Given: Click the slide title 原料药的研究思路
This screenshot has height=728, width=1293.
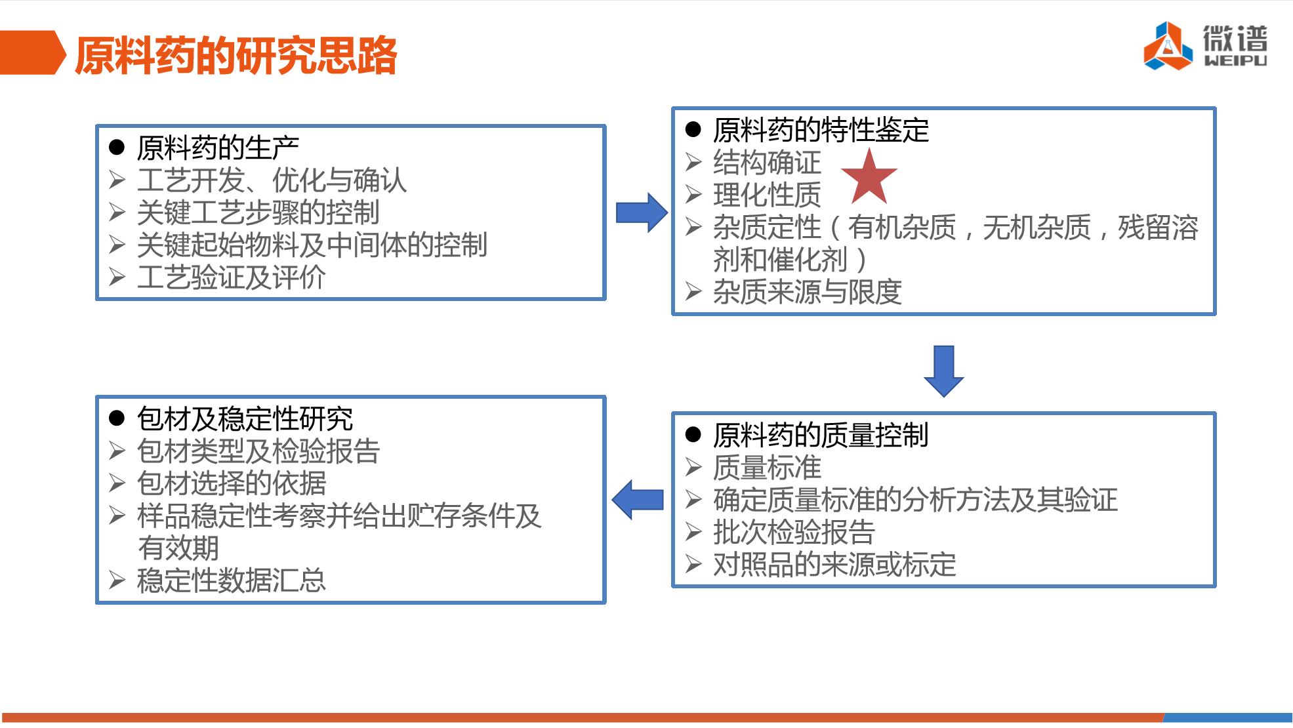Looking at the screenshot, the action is point(236,55).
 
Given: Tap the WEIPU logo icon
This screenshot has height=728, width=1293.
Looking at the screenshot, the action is point(1168,46).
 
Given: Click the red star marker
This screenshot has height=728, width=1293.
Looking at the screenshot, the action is point(869,176).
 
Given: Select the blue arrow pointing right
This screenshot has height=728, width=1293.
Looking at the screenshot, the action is point(642,212).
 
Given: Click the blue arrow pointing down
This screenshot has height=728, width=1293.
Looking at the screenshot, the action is point(943,371).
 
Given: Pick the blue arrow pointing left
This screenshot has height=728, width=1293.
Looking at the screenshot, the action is point(638,500).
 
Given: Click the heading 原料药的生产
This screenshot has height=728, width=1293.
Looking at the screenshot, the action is point(218,148).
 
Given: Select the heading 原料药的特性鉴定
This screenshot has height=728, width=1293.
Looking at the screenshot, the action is point(821,130).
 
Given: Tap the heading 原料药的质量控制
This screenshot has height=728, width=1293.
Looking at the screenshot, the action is point(821,435).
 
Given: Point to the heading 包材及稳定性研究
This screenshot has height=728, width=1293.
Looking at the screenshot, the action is point(245,418).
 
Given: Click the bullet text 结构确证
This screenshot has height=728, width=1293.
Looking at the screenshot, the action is point(767,162).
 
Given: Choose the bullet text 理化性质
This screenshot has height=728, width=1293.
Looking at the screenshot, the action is point(767,194).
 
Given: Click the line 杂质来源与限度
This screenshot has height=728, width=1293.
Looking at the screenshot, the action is point(808,291).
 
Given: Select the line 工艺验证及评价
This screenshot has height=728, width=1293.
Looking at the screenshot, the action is point(231,277).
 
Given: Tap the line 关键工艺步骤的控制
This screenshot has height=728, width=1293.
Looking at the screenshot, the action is point(258,212).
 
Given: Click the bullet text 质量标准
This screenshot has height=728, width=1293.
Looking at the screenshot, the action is point(767,467).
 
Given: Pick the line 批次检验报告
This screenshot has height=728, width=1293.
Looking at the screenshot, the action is point(794,531).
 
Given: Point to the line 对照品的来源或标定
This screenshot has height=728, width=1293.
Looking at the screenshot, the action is point(834,564).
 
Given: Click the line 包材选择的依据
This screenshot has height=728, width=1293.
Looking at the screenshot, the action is point(231,483).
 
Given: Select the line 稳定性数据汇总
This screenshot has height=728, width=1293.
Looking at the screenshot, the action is point(231,580).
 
